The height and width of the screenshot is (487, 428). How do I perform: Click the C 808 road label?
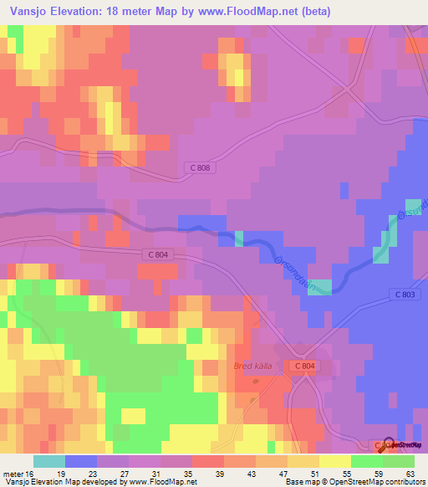pos(196,169)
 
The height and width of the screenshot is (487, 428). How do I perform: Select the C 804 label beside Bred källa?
pos(304,366)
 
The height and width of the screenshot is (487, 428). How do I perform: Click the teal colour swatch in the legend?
pos(49,461)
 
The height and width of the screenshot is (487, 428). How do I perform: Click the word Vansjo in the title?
pos(24,12)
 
